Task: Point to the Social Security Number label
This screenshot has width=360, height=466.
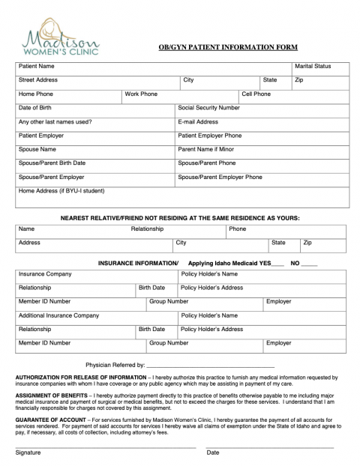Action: (209, 108)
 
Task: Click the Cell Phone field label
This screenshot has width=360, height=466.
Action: (256, 94)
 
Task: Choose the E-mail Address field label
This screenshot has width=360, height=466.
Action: (198, 121)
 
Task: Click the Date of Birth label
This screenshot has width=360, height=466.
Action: (35, 108)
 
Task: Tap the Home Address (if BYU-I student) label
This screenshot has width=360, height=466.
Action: (61, 190)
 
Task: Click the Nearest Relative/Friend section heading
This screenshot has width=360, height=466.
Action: (180, 217)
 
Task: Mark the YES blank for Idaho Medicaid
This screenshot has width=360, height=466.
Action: (299, 264)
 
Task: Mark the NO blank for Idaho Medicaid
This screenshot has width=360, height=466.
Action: (330, 264)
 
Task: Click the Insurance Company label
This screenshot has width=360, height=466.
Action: (45, 274)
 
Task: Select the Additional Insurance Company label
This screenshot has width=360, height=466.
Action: (58, 315)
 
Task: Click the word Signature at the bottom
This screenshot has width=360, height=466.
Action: (28, 453)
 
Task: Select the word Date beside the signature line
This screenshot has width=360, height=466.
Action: (213, 453)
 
